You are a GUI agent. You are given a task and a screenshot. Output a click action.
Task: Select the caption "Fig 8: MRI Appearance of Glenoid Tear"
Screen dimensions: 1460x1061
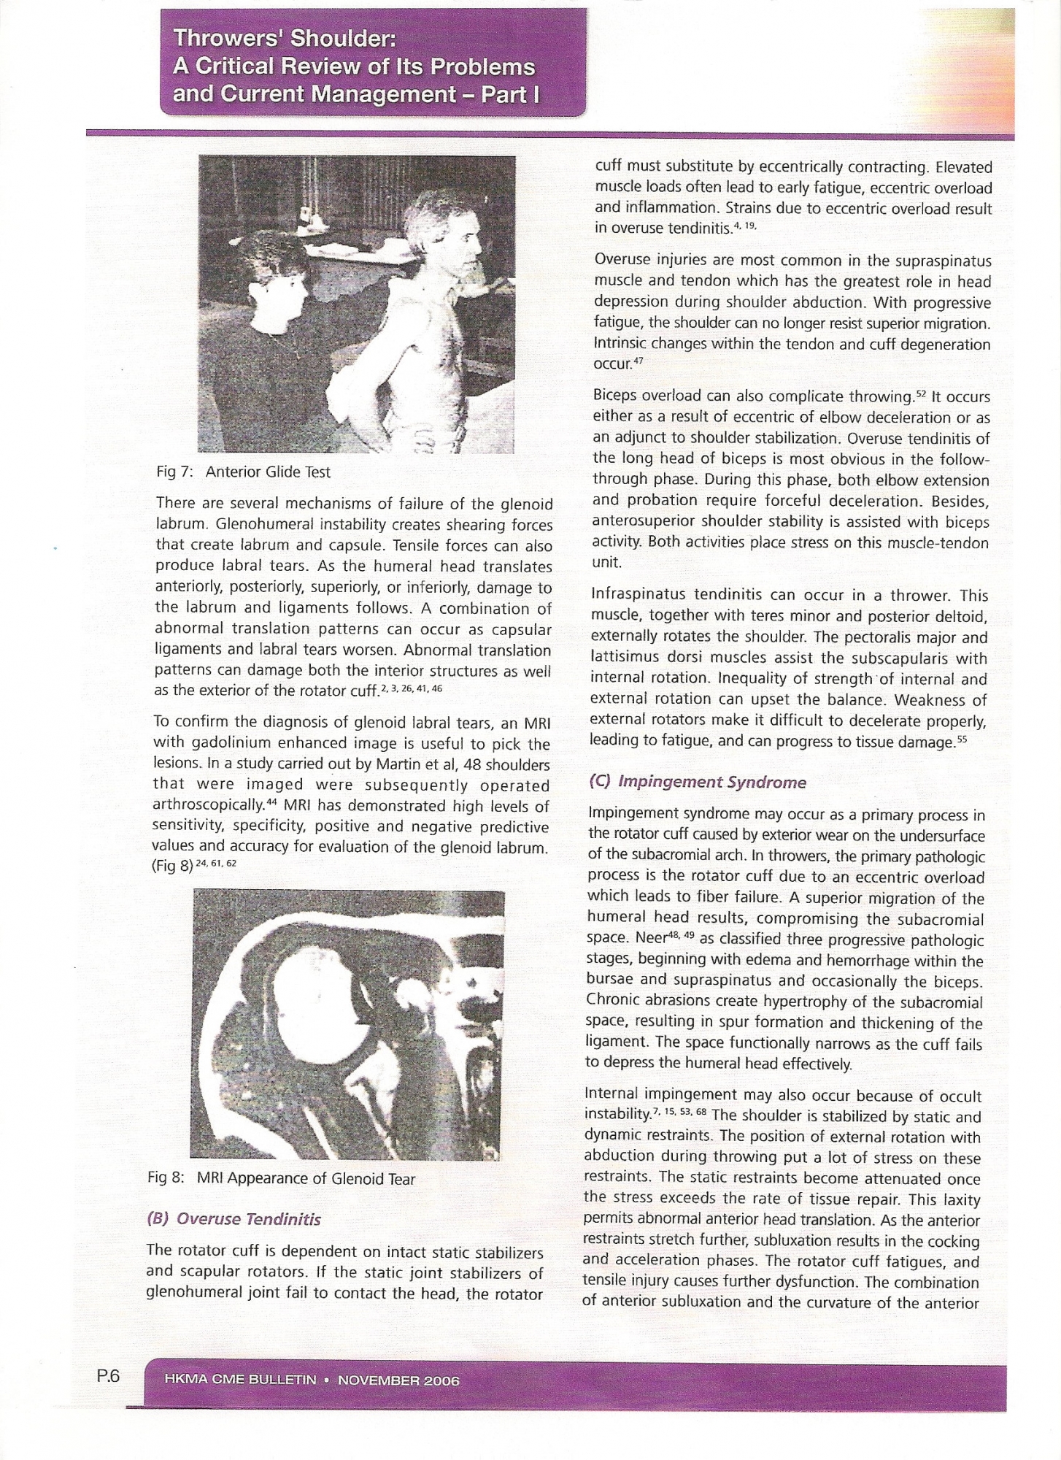click(x=281, y=1179)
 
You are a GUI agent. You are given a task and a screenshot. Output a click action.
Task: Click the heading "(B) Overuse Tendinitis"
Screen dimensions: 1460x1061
click(x=234, y=1219)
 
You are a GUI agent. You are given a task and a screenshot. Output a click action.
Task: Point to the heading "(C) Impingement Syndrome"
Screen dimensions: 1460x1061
click(x=697, y=783)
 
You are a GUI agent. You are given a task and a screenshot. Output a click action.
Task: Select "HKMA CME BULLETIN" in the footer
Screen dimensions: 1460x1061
click(x=241, y=1381)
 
